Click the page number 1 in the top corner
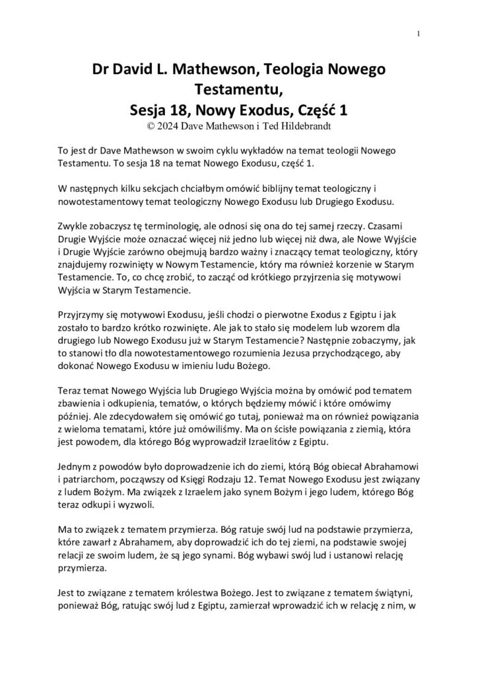point(419,34)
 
